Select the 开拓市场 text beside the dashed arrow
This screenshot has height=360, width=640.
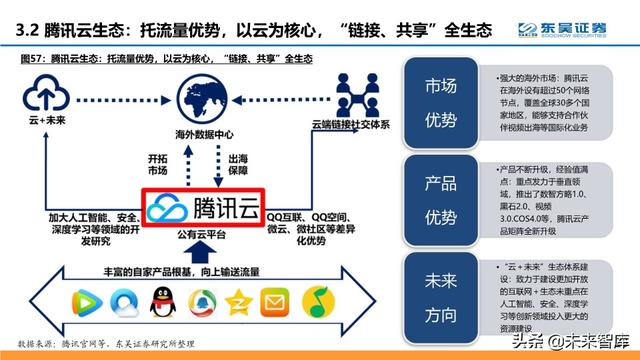point(158,164)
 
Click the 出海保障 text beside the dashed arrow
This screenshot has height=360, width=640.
point(239,164)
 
